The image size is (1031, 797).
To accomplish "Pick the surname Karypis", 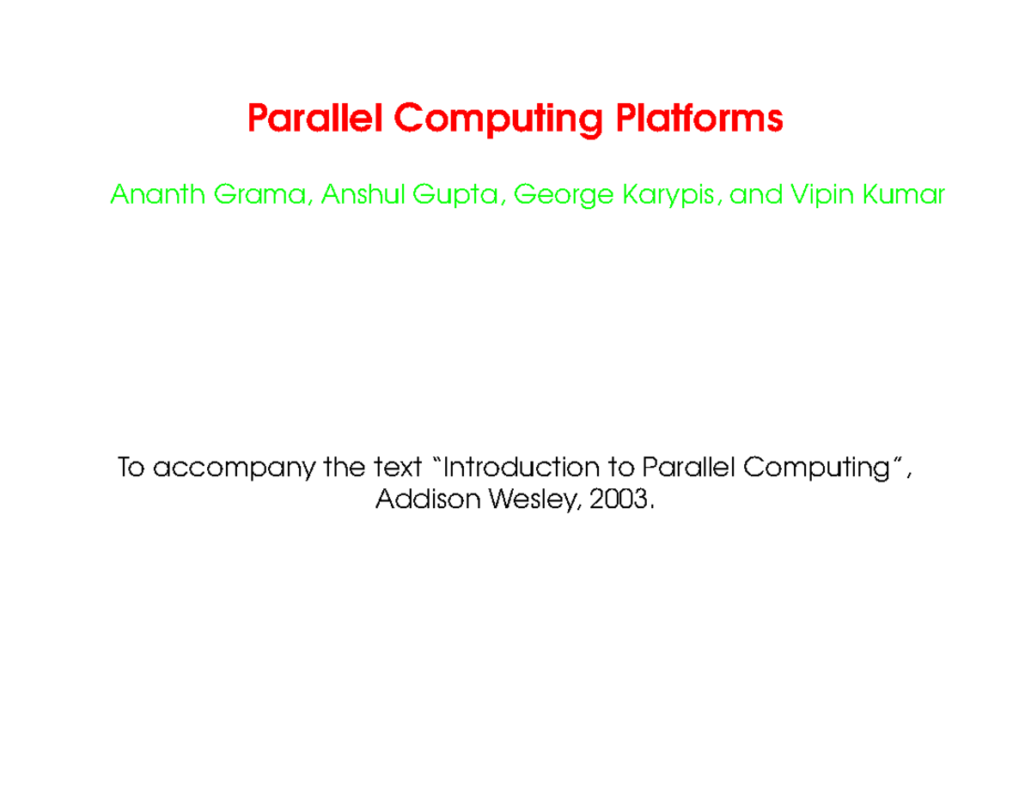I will [673, 197].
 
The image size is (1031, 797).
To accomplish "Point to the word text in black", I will [398, 469].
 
